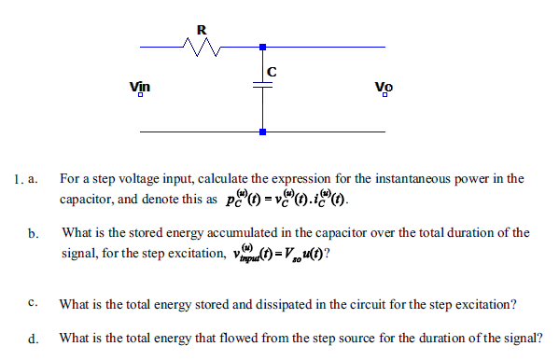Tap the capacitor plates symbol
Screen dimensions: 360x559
click(262, 85)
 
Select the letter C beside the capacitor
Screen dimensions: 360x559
click(272, 71)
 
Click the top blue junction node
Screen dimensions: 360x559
click(262, 46)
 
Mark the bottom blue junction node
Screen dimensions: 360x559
click(262, 132)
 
